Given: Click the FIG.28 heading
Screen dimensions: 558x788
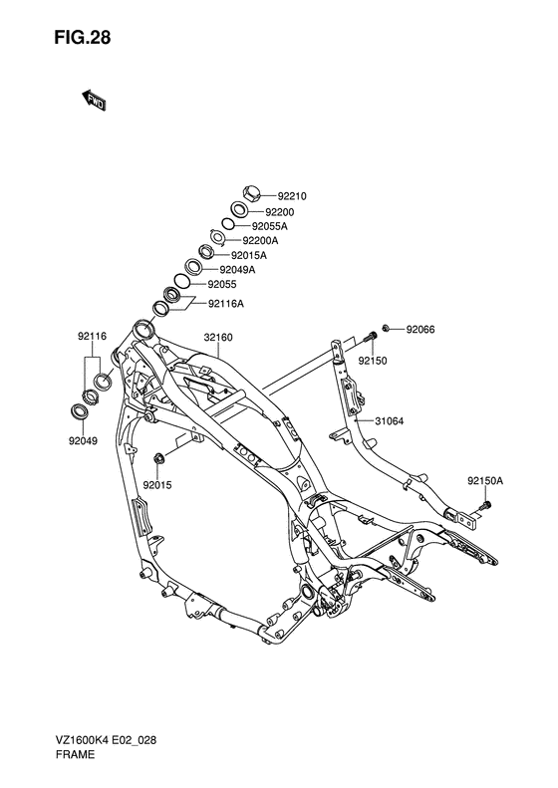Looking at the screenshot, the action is tap(83, 38).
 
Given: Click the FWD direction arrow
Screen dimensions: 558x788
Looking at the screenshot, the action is tap(93, 101).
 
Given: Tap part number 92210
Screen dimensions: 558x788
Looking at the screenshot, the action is tap(292, 196).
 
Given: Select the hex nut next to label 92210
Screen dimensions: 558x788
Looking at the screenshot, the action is tap(251, 192).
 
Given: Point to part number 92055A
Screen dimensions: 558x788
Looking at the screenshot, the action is tap(269, 226).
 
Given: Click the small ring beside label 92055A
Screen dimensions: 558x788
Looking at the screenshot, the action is tap(228, 223).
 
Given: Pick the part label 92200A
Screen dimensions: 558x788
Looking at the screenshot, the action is tap(260, 241).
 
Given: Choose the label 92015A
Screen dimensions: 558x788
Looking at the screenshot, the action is tap(249, 256).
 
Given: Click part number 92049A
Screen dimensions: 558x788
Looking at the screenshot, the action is tap(237, 270).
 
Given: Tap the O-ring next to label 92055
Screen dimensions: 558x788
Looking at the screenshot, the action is tap(182, 281).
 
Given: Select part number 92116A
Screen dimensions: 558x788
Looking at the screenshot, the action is tap(226, 304).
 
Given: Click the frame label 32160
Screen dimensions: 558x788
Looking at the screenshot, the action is tap(218, 337).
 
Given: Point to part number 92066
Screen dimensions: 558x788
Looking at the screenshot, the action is tap(420, 330).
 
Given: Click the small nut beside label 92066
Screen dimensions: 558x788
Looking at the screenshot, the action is tap(386, 328).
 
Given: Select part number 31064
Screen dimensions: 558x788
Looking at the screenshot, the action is tap(389, 421).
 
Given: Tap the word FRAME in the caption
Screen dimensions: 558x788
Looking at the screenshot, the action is tap(75, 754).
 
